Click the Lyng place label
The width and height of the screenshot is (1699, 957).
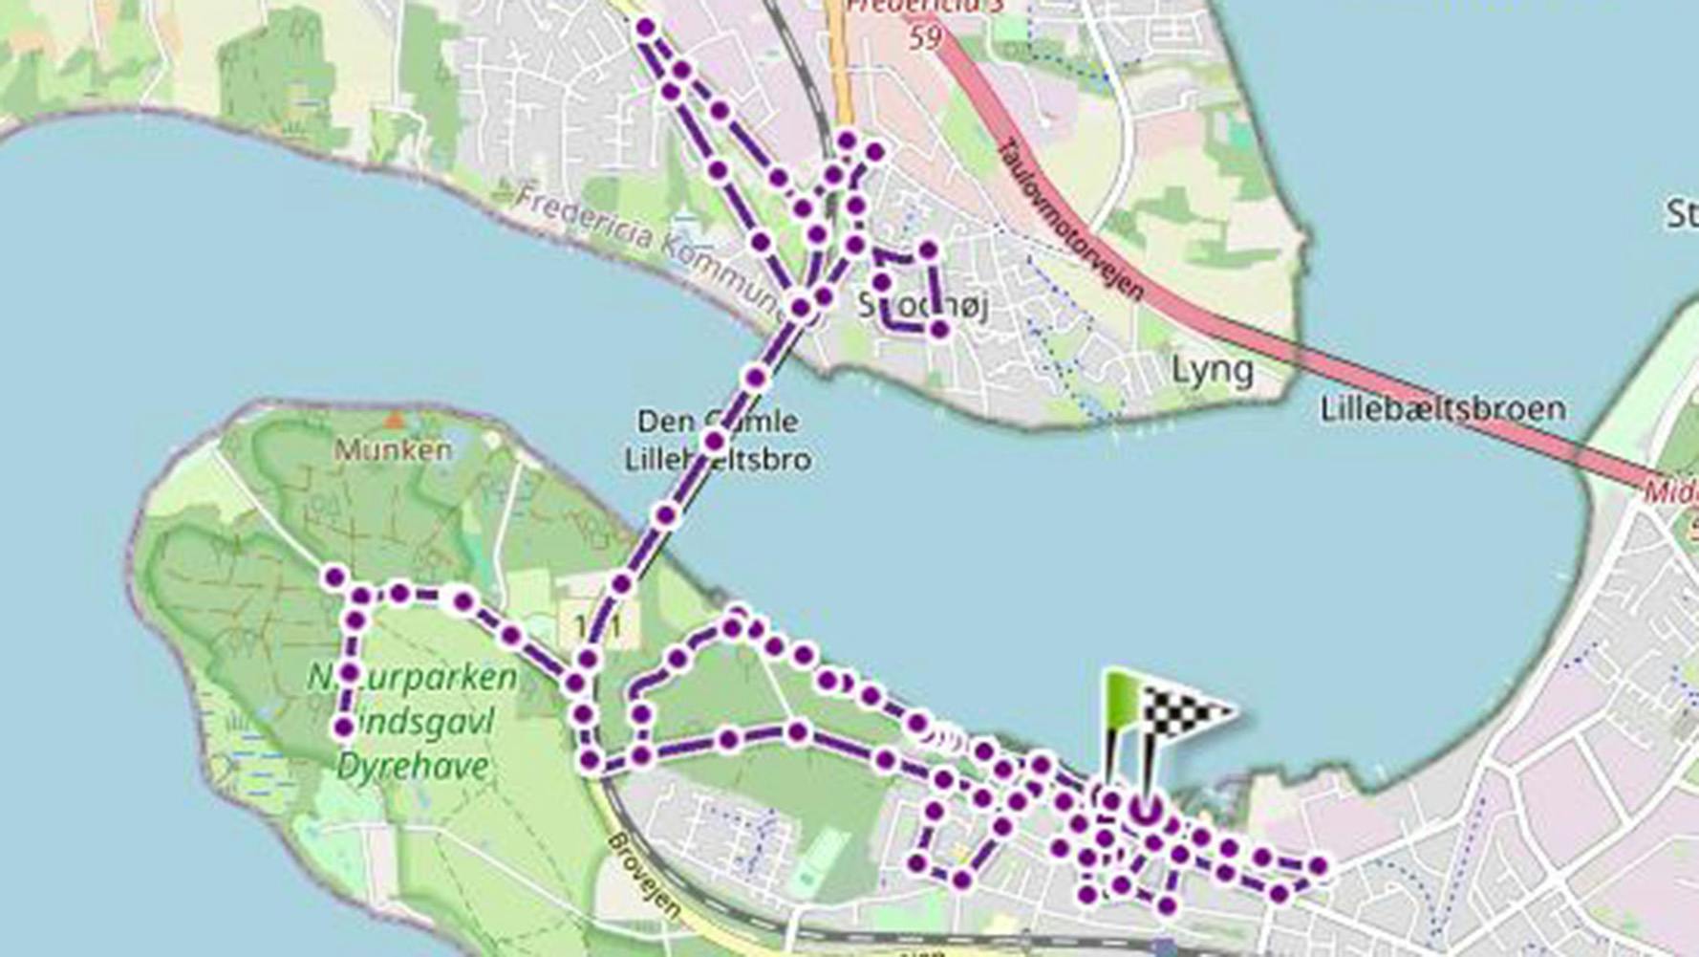1213,370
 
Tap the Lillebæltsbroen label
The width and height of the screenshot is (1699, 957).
1443,409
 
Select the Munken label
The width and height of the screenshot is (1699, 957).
393,449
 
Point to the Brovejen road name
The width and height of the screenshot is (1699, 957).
645,875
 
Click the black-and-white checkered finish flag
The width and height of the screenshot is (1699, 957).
1185,712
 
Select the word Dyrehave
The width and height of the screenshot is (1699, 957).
413,766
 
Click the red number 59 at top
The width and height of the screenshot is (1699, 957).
924,36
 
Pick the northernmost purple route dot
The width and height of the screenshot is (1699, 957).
646,29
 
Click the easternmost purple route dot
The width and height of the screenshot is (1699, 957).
1319,866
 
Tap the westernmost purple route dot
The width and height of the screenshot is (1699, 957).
334,576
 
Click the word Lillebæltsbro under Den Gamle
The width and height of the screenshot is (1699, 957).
718,460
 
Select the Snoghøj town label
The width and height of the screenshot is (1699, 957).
922,306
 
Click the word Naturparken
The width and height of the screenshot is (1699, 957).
413,678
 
